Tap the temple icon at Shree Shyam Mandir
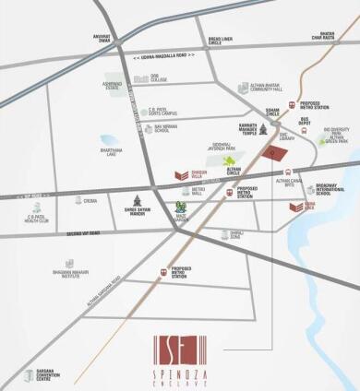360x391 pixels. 138,201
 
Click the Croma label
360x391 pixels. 90,200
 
